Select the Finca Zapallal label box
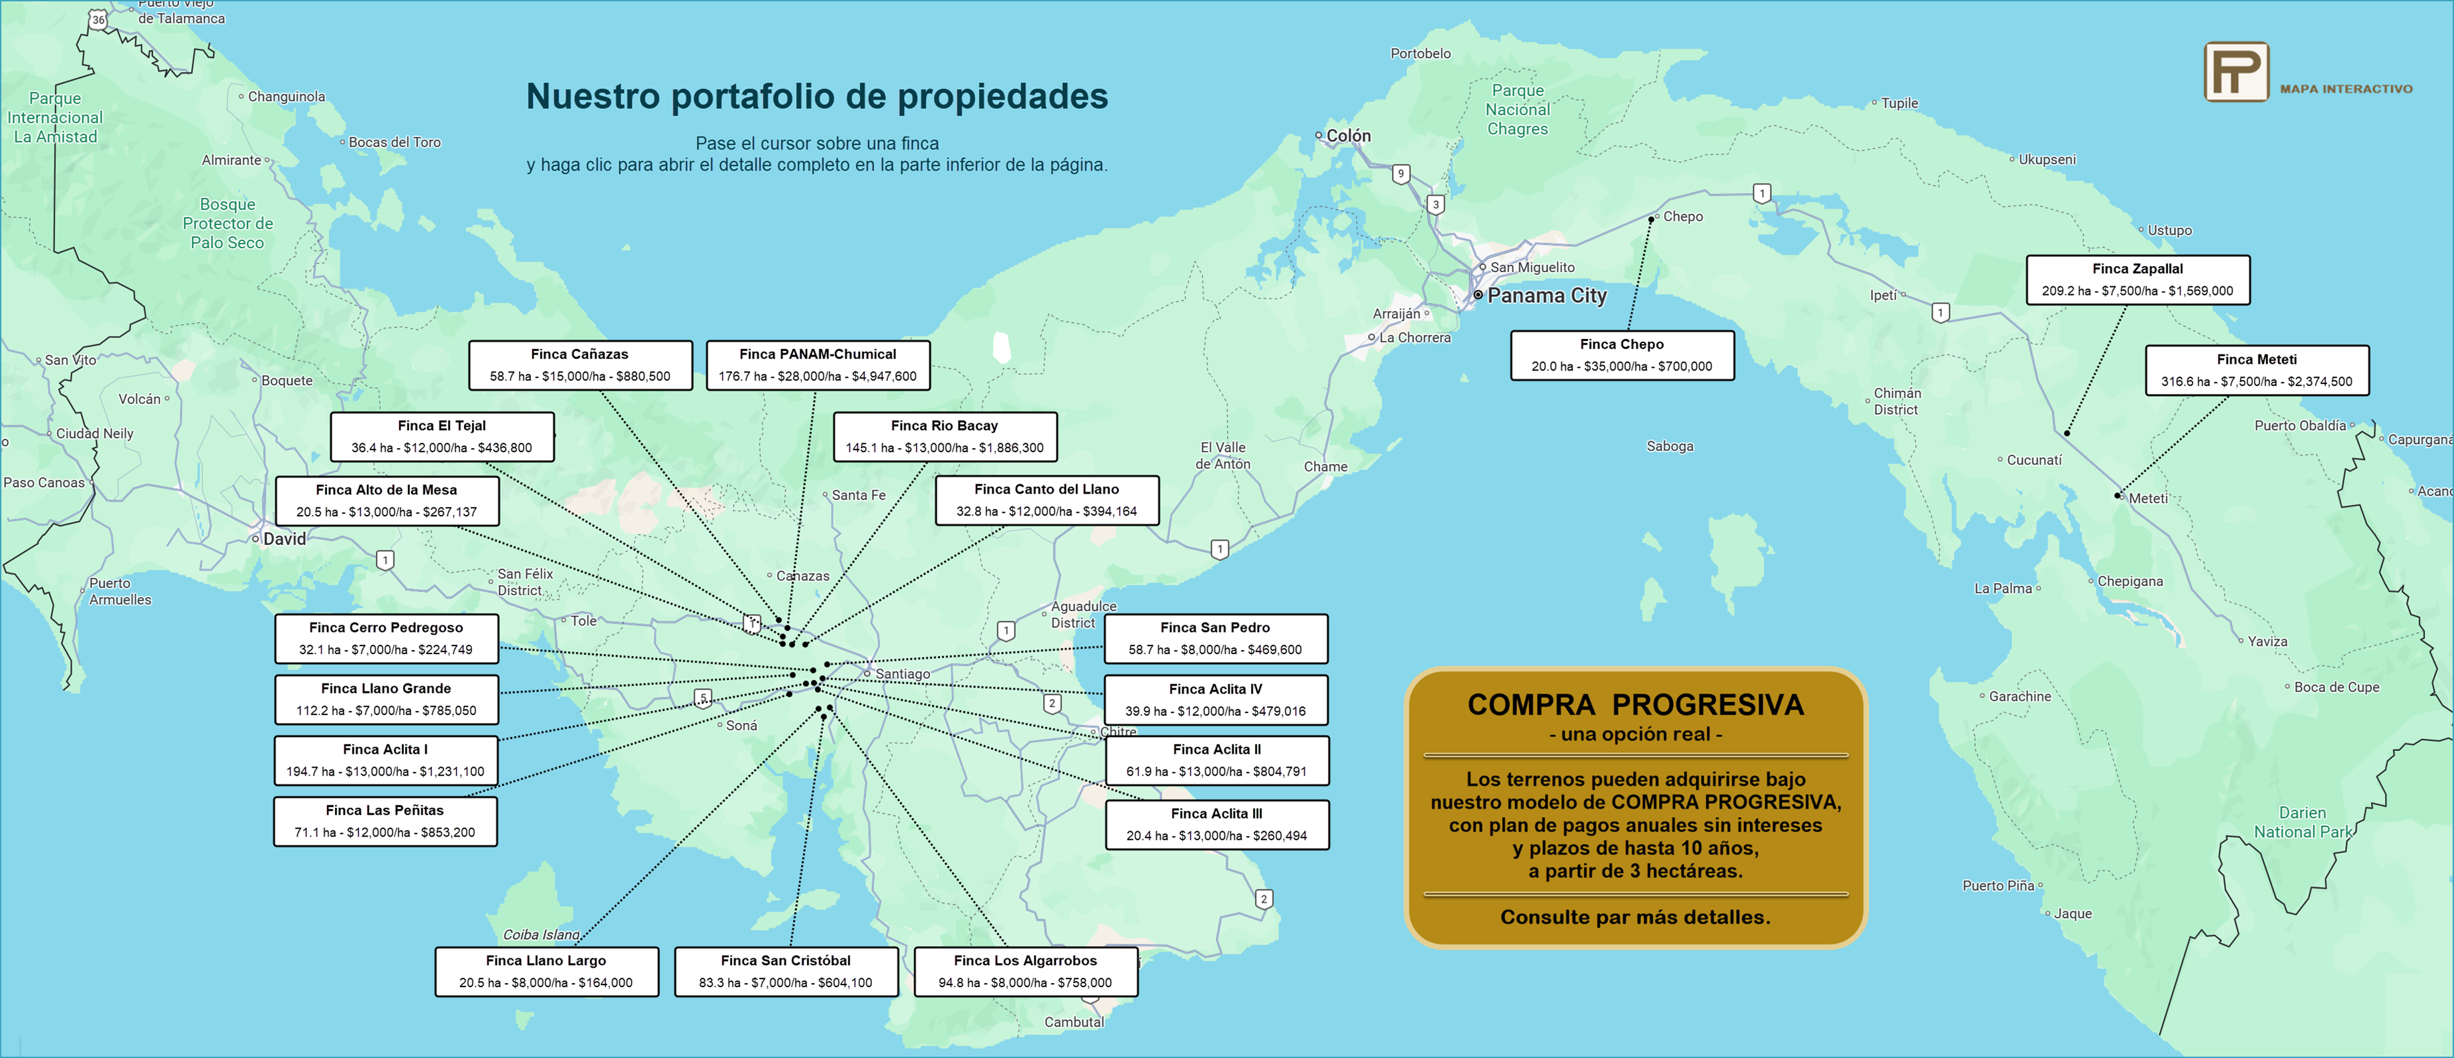[x=2137, y=280]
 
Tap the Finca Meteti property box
[x=2256, y=371]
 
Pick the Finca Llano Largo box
[x=546, y=971]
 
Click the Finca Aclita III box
[x=1216, y=825]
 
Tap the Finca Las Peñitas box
[x=385, y=821]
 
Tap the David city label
[x=284, y=538]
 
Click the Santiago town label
[x=902, y=674]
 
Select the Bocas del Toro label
[x=395, y=142]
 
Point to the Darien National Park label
[x=2302, y=823]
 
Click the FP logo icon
[x=2236, y=72]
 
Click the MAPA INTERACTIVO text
[x=2346, y=89]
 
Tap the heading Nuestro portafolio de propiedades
[x=816, y=96]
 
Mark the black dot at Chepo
[x=1652, y=219]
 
